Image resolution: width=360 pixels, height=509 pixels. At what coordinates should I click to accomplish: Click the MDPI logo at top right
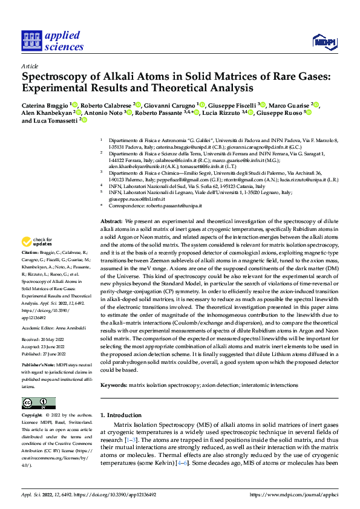click(x=323, y=41)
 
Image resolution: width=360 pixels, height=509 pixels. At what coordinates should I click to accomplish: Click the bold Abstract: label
click(x=111, y=189)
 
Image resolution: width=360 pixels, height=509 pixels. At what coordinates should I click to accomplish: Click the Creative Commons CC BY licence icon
click(x=38, y=403)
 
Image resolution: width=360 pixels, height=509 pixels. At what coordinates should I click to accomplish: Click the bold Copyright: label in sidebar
click(x=32, y=416)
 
